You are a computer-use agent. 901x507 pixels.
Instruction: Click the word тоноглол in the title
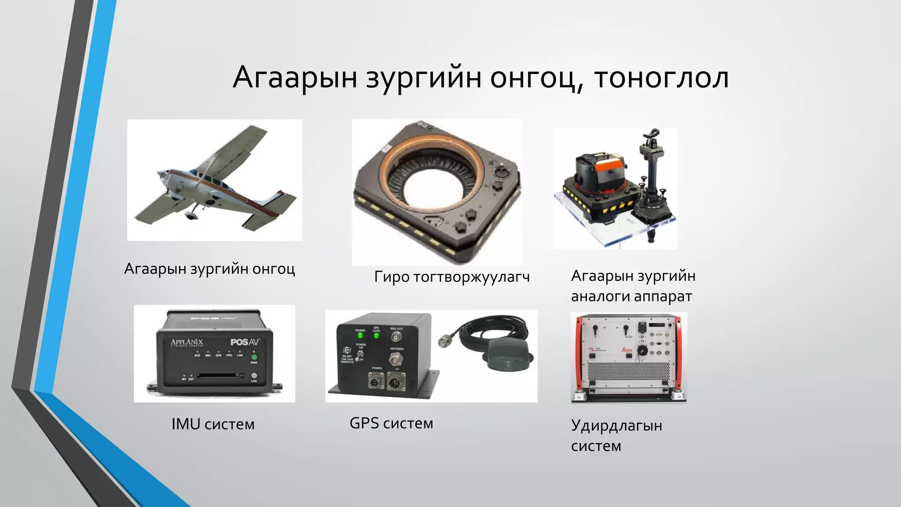point(661,77)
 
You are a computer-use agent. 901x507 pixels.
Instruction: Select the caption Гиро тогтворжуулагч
point(452,277)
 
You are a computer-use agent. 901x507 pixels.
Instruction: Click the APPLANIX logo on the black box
point(187,342)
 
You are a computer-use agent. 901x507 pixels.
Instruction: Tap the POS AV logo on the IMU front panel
point(245,342)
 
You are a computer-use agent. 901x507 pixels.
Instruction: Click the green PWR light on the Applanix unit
point(254,357)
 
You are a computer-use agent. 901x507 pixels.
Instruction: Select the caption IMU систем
point(213,424)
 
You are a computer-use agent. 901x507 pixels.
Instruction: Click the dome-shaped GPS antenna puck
point(510,356)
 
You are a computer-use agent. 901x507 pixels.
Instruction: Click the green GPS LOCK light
point(377,336)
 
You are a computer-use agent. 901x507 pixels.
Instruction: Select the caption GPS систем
point(391,423)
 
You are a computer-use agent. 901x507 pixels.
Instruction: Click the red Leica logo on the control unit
point(626,350)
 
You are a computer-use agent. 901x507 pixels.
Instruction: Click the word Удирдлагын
point(616,426)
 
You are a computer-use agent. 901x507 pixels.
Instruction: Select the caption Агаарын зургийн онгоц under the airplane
point(209,269)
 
